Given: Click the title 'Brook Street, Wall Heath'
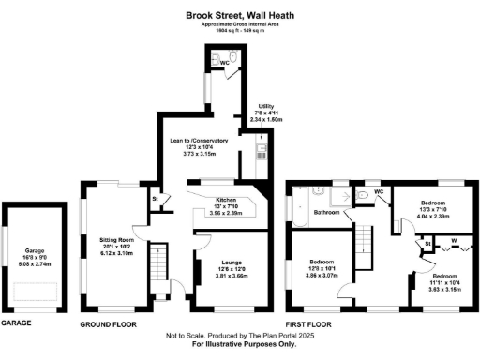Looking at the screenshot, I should point(240,14).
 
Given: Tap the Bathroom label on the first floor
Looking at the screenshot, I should point(327,212).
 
